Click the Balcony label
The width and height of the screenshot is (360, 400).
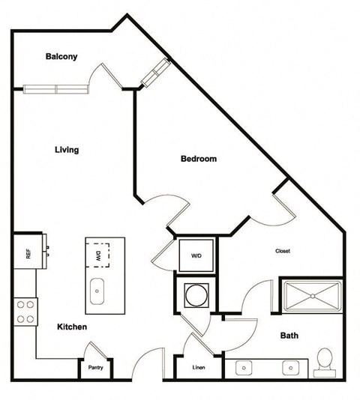click(62, 57)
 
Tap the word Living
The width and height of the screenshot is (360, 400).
click(67, 150)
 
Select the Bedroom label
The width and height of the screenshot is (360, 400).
click(199, 159)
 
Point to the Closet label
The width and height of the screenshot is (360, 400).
click(283, 251)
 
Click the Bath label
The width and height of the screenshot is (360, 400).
click(289, 336)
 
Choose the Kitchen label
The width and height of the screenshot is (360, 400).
click(72, 327)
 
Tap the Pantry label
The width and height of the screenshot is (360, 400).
click(95, 368)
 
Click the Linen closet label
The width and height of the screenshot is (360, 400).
click(198, 368)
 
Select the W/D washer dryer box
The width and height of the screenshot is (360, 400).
click(196, 255)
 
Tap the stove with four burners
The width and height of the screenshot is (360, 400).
click(25, 311)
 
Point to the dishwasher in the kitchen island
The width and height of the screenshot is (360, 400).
click(98, 255)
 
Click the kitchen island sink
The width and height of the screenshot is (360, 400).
click(98, 291)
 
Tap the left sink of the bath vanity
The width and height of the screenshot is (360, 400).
click(244, 368)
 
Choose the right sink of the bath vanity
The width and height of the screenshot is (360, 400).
click(292, 368)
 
